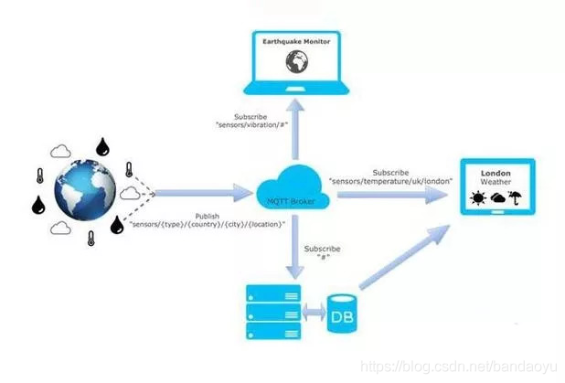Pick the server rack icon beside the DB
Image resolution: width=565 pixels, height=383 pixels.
click(x=272, y=311)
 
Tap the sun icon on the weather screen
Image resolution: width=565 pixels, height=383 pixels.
click(x=476, y=198)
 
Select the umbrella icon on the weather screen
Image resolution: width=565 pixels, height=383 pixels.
click(x=515, y=197)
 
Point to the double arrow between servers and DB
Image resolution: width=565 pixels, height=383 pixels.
click(x=311, y=314)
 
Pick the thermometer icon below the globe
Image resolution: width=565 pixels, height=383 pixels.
click(x=91, y=239)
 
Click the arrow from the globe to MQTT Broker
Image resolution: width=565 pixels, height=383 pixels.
click(x=201, y=193)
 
